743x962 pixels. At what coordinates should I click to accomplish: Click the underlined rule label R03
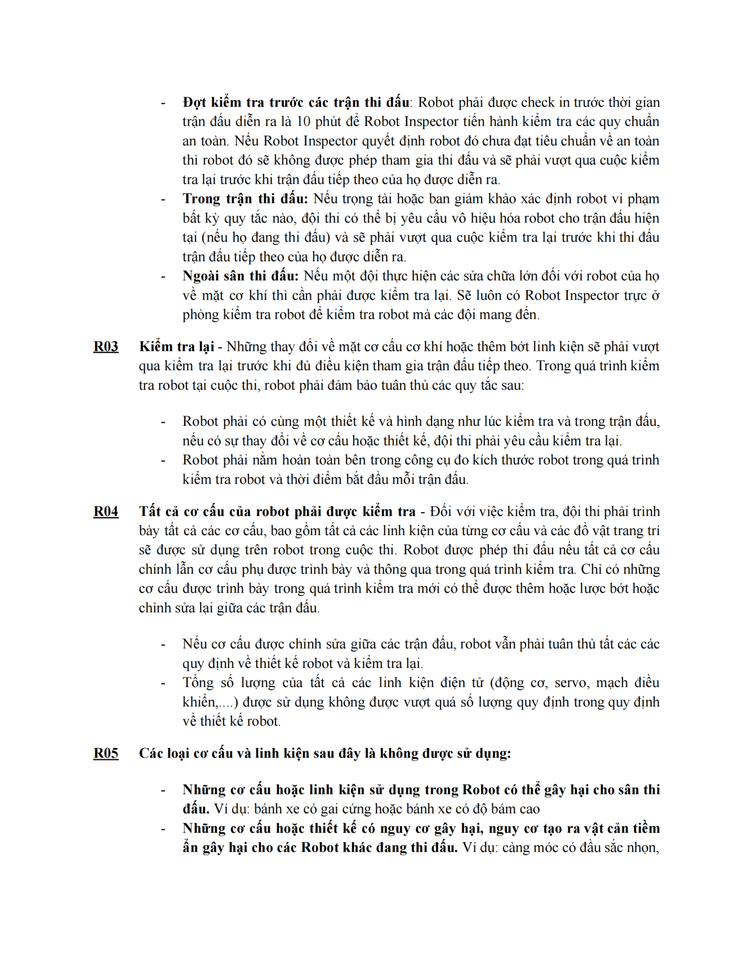(x=106, y=347)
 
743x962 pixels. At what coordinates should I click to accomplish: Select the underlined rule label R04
(x=106, y=512)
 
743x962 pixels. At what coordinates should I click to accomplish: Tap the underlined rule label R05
(x=106, y=754)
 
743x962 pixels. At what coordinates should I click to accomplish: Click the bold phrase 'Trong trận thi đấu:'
(x=245, y=199)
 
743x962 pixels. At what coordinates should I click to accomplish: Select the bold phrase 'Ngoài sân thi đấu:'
(x=240, y=276)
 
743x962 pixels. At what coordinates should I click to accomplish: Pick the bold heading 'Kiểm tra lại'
(x=176, y=347)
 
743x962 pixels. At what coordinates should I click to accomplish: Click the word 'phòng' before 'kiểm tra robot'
(x=201, y=315)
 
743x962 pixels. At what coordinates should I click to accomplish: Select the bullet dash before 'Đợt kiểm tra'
(x=163, y=103)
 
